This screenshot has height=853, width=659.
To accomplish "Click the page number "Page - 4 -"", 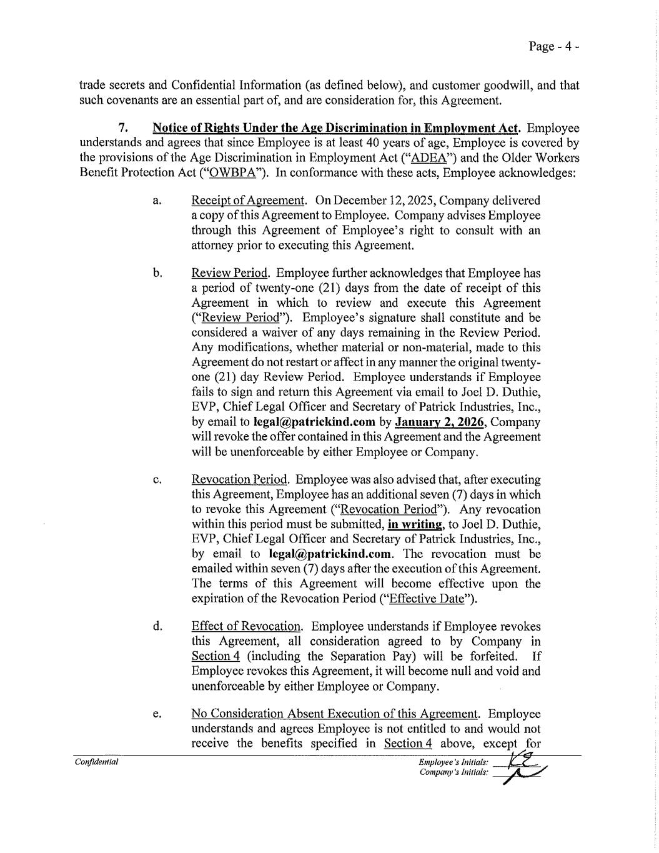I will point(553,46).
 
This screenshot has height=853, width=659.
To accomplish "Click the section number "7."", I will point(123,128).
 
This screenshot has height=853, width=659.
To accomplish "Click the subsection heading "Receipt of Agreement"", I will point(248,201).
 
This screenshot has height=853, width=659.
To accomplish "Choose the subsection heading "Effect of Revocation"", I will point(247,626).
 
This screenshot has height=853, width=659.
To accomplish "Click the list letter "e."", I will point(157,714).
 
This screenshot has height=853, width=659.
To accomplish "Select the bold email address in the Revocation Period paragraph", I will point(331,554).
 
